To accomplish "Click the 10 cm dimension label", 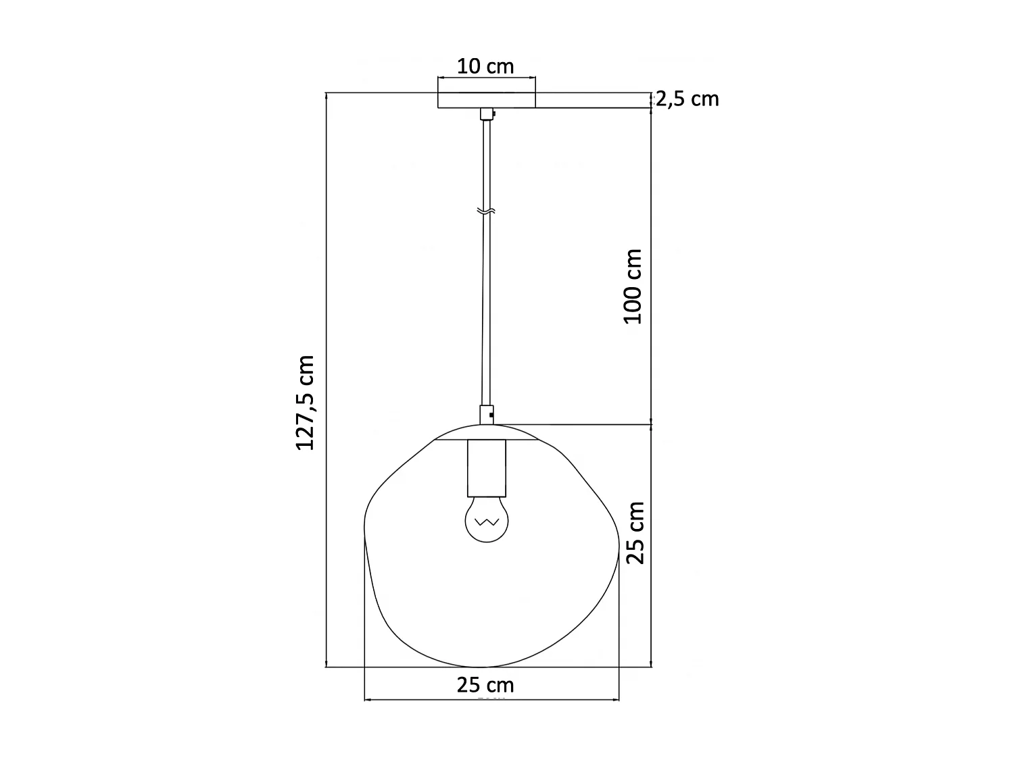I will (x=485, y=66).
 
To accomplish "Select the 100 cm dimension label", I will (x=633, y=286).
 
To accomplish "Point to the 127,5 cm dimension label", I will (x=306, y=403).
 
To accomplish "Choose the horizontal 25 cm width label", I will (x=485, y=685).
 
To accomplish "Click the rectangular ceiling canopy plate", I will (x=487, y=100).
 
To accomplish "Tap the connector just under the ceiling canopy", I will (x=486, y=114).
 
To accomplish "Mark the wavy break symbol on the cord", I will (x=486, y=211).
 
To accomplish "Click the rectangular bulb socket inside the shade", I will (x=486, y=467).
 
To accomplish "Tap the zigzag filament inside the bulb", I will (x=486, y=522).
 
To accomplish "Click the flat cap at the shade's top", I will (x=486, y=432).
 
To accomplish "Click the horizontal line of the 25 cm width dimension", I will (x=419, y=700).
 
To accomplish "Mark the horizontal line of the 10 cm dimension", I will (x=487, y=78).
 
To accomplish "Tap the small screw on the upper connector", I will (x=493, y=114).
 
